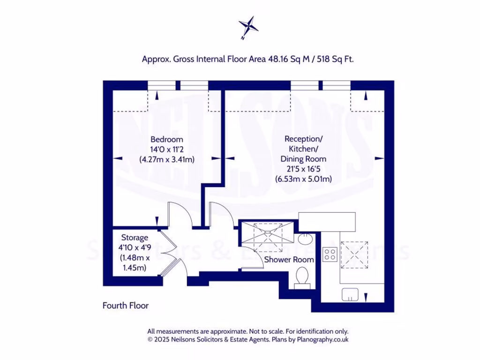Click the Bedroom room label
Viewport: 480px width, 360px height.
[166, 139]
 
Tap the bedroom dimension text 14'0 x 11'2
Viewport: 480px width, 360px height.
[166, 149]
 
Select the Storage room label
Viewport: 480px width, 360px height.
[135, 238]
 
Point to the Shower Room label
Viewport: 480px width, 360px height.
[289, 259]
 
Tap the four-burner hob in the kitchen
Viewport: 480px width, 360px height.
[330, 254]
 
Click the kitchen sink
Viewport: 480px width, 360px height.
[350, 294]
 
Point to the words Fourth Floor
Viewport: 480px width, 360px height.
[126, 306]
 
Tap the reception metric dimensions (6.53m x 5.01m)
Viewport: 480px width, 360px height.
[303, 179]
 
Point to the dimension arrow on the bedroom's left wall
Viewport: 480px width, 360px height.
[118, 158]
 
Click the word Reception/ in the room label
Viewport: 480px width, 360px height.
[303, 139]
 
